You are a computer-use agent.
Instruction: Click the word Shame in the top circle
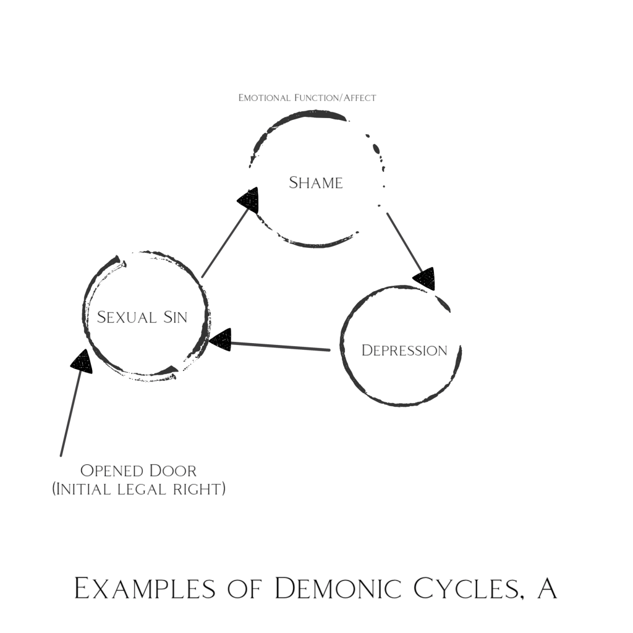(x=316, y=183)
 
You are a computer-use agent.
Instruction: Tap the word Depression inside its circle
(x=404, y=350)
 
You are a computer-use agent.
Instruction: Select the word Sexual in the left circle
(x=126, y=317)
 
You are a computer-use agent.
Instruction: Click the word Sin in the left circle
(x=175, y=317)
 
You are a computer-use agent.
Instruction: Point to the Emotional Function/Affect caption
(x=307, y=98)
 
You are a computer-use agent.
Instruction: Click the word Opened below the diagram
(x=113, y=471)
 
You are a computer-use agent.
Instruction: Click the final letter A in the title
(x=547, y=588)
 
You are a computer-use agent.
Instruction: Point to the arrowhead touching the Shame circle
(x=249, y=200)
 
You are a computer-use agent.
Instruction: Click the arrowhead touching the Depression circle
(x=425, y=278)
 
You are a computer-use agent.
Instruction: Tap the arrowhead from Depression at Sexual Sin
(x=221, y=339)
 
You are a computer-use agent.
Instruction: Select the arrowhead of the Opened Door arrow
(x=81, y=361)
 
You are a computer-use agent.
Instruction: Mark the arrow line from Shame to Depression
(x=404, y=241)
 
